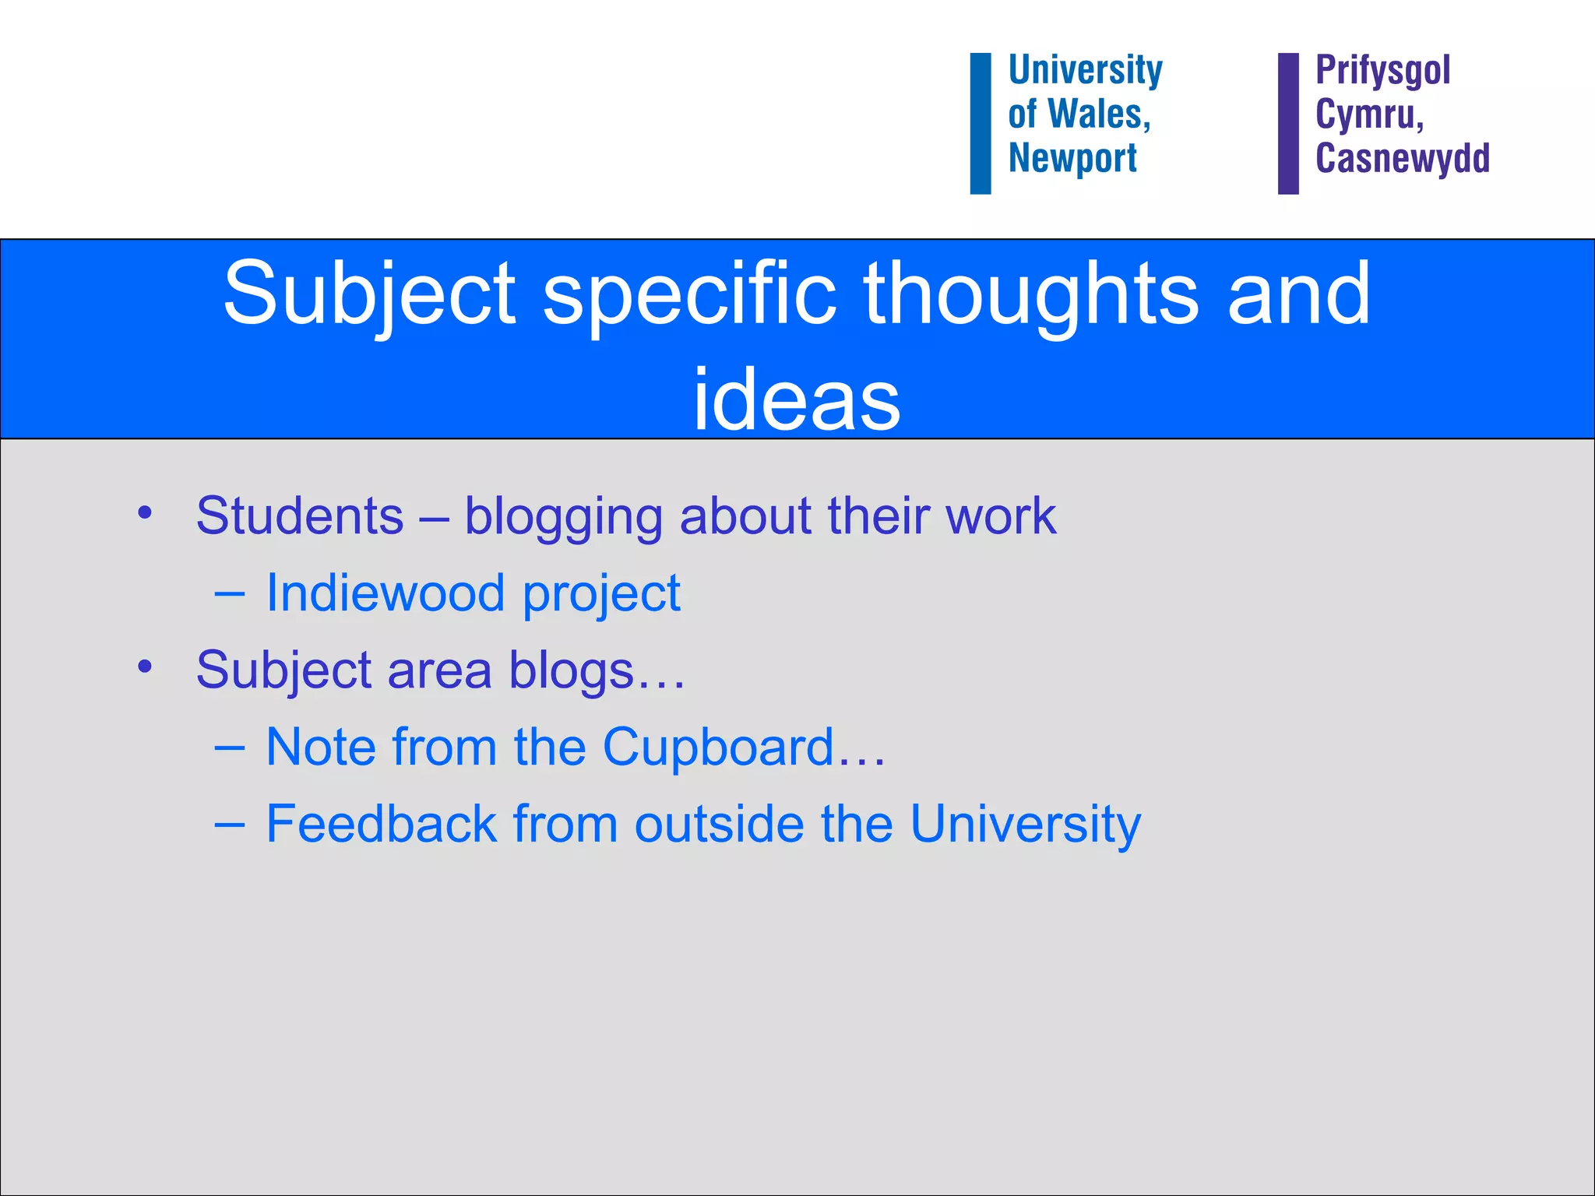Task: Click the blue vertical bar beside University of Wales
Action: point(981,123)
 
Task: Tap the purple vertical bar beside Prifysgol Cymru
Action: point(1288,123)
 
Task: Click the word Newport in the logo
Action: point(1072,158)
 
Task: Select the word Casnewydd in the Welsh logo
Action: point(1403,158)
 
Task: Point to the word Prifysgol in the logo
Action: point(1382,71)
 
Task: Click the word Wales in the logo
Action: point(1099,114)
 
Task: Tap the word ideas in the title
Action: point(797,399)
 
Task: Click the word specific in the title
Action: point(689,294)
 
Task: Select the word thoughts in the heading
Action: point(1031,294)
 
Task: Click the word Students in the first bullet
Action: point(300,515)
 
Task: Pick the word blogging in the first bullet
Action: point(563,517)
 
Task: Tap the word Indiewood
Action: point(386,593)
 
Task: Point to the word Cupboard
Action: point(718,747)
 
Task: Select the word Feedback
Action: point(382,824)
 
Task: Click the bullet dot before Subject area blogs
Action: point(145,667)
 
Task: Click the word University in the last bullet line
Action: point(1025,824)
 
